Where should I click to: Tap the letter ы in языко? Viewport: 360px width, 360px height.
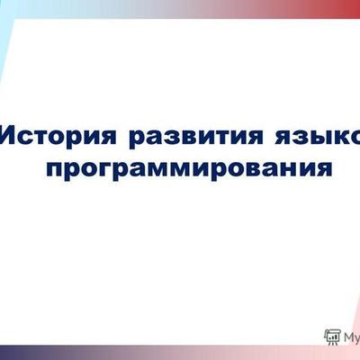[316, 138]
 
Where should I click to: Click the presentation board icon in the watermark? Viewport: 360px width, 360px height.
[332, 337]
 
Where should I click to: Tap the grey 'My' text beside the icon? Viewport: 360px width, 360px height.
[351, 337]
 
